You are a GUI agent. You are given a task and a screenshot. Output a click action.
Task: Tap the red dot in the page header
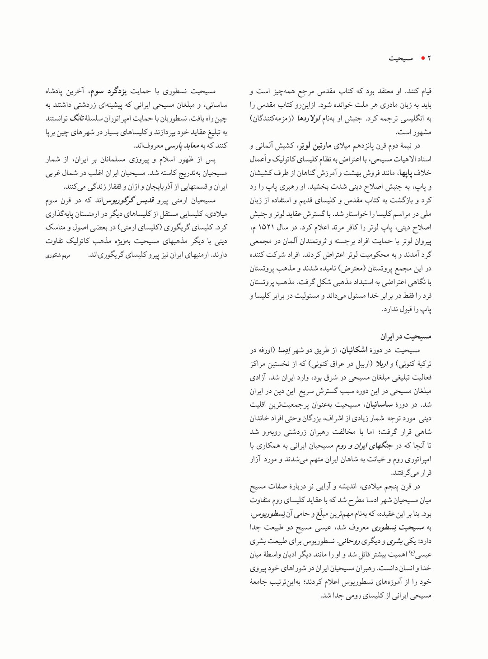[x=422, y=58]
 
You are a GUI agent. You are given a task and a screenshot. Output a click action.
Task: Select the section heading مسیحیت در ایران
[x=406, y=337]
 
